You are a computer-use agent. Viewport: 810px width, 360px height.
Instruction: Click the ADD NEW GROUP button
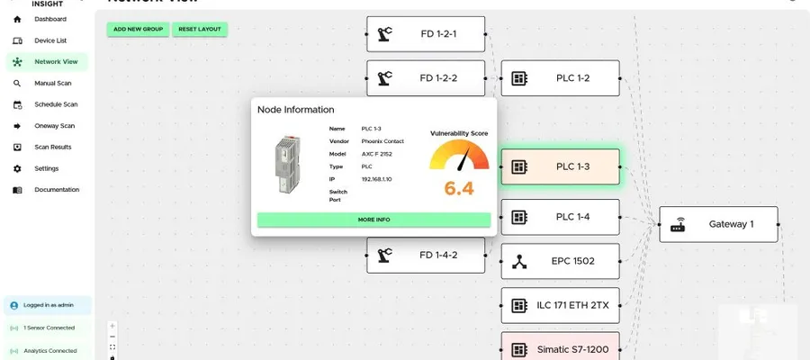pyautogui.click(x=138, y=30)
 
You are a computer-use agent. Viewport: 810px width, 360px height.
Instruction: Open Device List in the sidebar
pyautogui.click(x=50, y=40)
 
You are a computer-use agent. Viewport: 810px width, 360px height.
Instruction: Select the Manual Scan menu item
pyautogui.click(x=53, y=83)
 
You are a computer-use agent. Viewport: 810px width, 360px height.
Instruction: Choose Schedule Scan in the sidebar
pyautogui.click(x=56, y=104)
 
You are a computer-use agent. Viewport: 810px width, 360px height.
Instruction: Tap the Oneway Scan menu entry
pyautogui.click(x=54, y=126)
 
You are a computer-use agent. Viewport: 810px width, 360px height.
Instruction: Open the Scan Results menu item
pyautogui.click(x=53, y=148)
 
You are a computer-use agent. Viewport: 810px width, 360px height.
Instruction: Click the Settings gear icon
pyautogui.click(x=18, y=169)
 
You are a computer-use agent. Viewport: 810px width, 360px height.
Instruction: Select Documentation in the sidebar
pyautogui.click(x=57, y=190)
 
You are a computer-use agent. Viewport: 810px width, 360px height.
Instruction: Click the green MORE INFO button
pyautogui.click(x=373, y=220)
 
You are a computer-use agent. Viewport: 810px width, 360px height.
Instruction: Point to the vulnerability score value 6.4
pyautogui.click(x=459, y=188)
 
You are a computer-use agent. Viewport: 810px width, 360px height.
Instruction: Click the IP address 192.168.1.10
pyautogui.click(x=376, y=179)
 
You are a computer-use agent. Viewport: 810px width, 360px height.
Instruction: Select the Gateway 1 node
pyautogui.click(x=718, y=224)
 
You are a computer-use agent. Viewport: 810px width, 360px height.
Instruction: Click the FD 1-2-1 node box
pyautogui.click(x=426, y=34)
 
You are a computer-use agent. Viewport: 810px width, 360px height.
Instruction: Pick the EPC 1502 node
pyautogui.click(x=561, y=261)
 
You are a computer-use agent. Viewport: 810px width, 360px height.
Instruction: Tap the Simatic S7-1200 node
pyautogui.click(x=561, y=346)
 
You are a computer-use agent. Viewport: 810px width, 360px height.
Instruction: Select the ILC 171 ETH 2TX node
pyautogui.click(x=561, y=306)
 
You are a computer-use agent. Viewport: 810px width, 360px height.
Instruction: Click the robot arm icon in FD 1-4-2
pyautogui.click(x=384, y=256)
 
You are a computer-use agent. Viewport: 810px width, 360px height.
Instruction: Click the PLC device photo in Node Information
pyautogui.click(x=285, y=164)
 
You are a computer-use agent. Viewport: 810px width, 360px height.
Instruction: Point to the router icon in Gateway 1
pyautogui.click(x=678, y=225)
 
